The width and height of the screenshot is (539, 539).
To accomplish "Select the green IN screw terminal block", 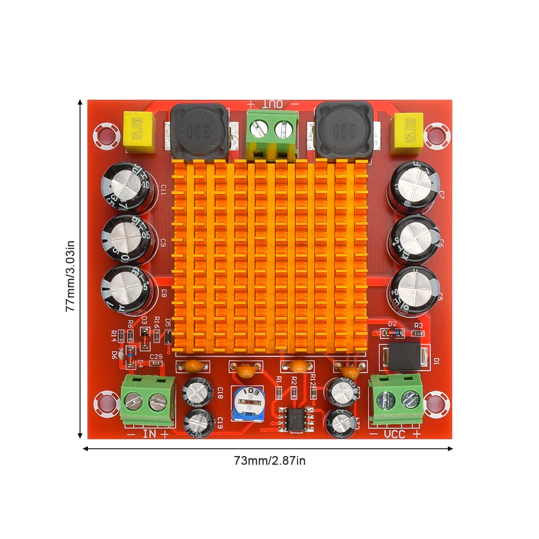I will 148,400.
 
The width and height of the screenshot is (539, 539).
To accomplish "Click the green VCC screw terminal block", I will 396,399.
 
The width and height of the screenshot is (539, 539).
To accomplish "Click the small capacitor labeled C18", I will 199,391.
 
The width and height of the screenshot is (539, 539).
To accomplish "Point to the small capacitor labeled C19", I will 199,421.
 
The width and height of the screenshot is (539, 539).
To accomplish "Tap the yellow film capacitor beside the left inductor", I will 140,132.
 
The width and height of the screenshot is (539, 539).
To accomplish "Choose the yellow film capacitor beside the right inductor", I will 409,132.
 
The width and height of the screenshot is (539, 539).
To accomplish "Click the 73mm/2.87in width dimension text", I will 269,461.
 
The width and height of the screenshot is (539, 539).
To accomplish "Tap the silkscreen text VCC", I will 395,434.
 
